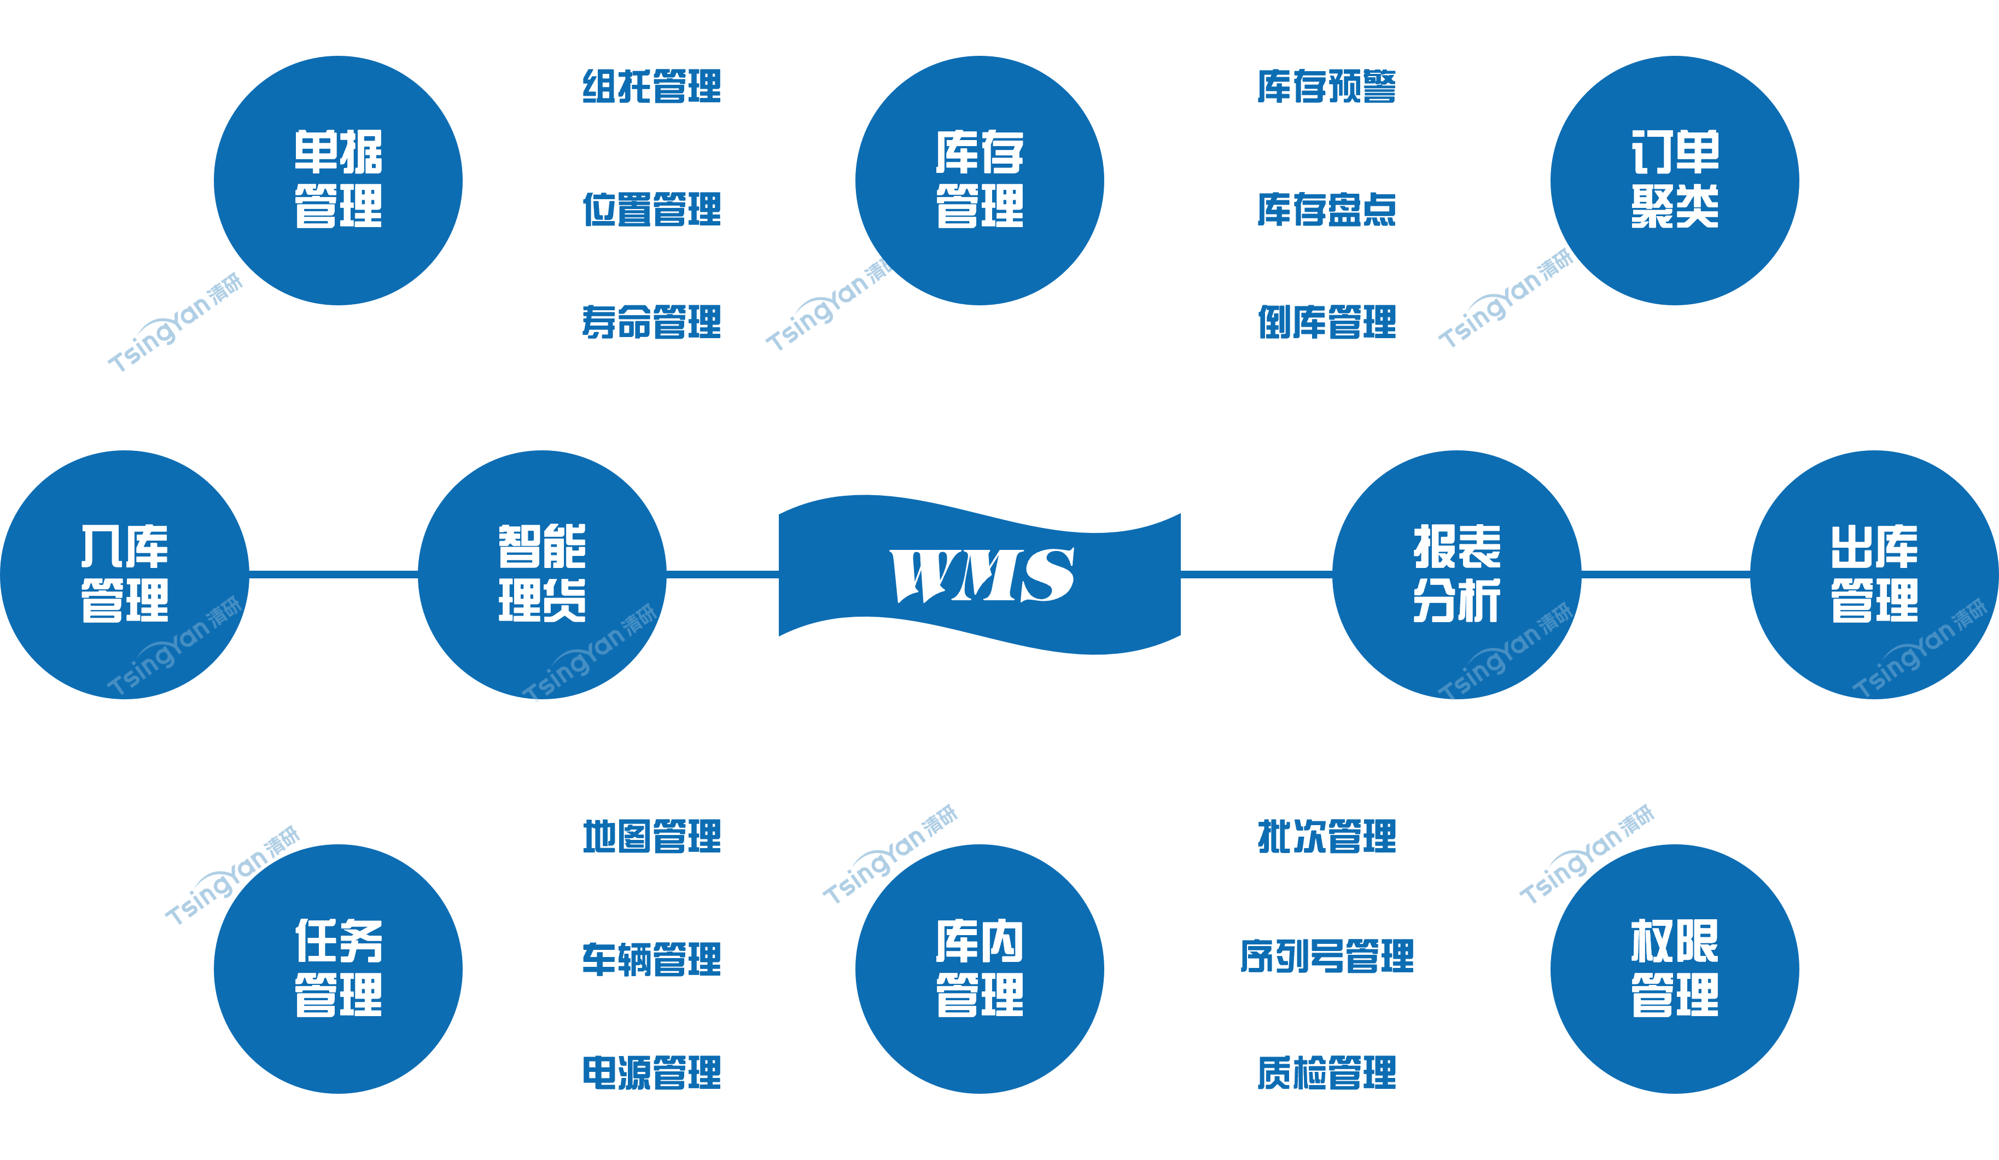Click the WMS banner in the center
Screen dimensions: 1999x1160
pyautogui.click(x=980, y=575)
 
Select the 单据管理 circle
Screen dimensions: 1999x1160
pyautogui.click(x=338, y=180)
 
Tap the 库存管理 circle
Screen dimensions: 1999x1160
pyautogui.click(x=980, y=180)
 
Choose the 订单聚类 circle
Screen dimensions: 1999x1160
pyautogui.click(x=1675, y=180)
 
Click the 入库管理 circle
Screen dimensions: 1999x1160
pyautogui.click(x=125, y=575)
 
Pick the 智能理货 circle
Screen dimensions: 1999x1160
pyautogui.click(x=542, y=575)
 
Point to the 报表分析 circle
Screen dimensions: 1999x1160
pyautogui.click(x=1456, y=575)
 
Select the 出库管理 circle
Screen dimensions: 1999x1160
pyautogui.click(x=1874, y=575)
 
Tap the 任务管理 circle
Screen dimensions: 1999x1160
pyautogui.click(x=338, y=969)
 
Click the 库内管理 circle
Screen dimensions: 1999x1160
pyautogui.click(x=980, y=969)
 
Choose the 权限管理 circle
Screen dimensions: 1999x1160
pyautogui.click(x=1675, y=969)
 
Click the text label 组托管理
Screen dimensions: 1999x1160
pyautogui.click(x=651, y=86)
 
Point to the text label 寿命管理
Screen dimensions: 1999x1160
pyautogui.click(x=651, y=321)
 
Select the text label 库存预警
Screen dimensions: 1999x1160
pyautogui.click(x=1326, y=86)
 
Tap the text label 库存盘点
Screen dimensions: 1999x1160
pyautogui.click(x=1326, y=208)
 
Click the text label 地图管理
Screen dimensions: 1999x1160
pyautogui.click(x=651, y=836)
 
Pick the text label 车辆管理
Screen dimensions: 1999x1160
pyautogui.click(x=651, y=959)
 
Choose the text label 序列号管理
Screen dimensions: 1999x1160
pyautogui.click(x=1326, y=955)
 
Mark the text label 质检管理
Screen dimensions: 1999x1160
pyautogui.click(x=1326, y=1072)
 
